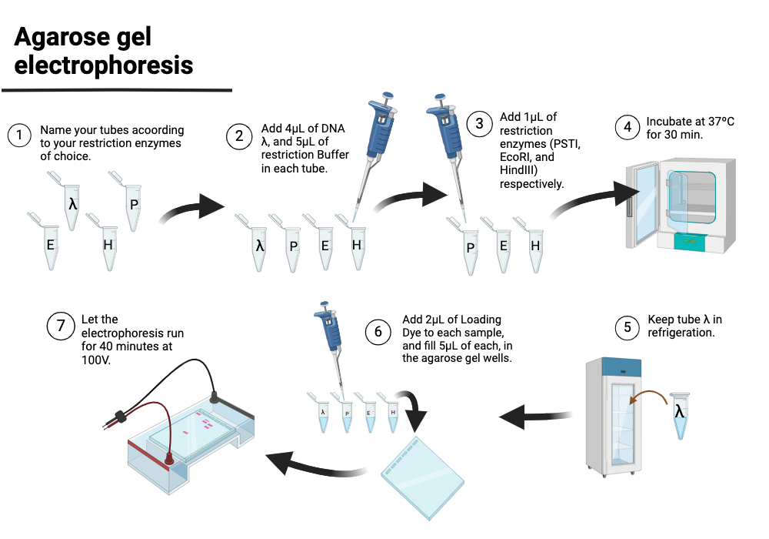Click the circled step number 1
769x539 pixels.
(19, 136)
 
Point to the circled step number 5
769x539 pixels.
(627, 326)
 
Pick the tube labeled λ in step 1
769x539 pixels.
(72, 206)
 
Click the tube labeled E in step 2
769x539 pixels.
(325, 248)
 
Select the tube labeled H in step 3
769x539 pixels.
(535, 250)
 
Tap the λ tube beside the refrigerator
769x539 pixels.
(679, 413)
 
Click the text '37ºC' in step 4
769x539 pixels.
(714, 122)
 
